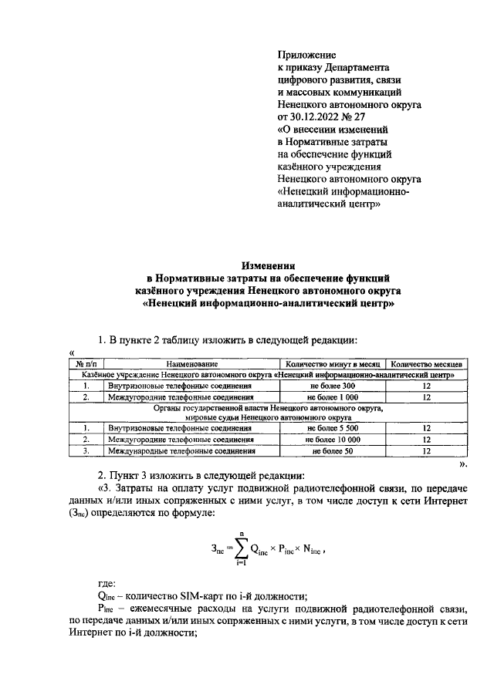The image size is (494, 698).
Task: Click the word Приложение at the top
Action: pos(306,55)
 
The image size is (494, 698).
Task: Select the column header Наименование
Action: pos(191,363)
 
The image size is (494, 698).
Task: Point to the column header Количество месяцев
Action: pos(426,363)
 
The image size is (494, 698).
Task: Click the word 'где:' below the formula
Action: pos(107,584)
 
